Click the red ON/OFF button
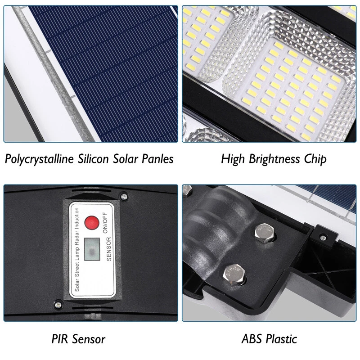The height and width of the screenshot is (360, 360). pos(92,223)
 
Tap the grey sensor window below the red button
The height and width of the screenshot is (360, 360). pos(92,249)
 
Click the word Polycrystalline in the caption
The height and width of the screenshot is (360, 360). pos(39,159)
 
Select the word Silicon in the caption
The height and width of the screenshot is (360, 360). pos(93,159)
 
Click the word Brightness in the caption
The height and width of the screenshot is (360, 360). pos(274,159)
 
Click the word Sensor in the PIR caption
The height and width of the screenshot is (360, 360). pos(88,339)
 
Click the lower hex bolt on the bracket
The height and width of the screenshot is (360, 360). pos(234,274)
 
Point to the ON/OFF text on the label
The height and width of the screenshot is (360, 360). pos(105,223)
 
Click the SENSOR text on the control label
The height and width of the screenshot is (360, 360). pos(109,249)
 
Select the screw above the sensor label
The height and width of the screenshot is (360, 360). pos(124,197)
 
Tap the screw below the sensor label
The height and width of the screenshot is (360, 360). pos(58,305)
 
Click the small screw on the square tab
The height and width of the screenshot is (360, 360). pos(324,237)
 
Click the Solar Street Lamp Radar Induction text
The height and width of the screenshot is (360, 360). pos(77,250)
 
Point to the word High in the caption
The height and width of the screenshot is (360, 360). pos(233,159)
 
